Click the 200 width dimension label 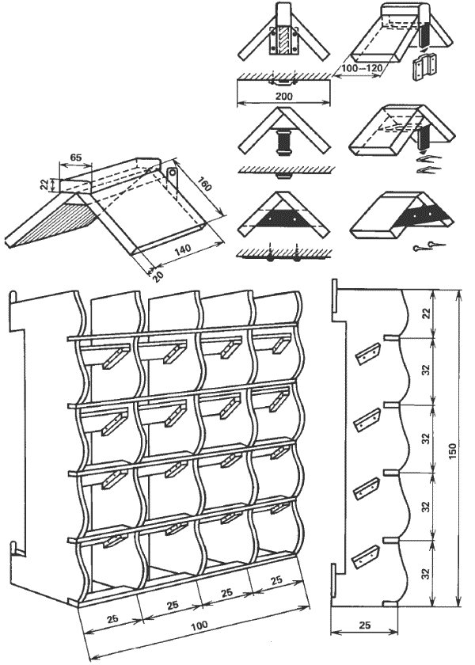(283, 96)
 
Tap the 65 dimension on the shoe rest (75, 158)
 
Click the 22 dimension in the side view (427, 313)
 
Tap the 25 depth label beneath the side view (364, 625)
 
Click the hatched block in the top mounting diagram (283, 40)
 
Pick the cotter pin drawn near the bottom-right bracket (428, 245)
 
